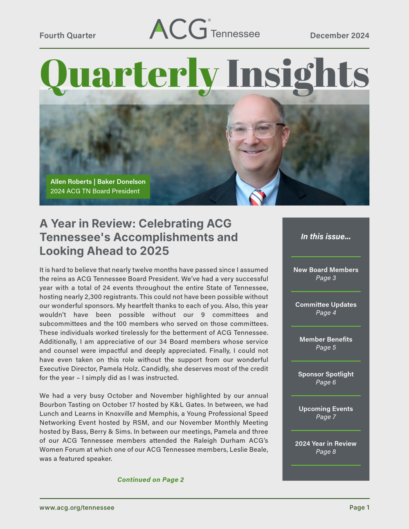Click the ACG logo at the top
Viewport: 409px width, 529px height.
(x=204, y=29)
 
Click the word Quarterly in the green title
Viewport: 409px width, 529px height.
(x=129, y=74)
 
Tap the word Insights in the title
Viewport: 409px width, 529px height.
(x=298, y=74)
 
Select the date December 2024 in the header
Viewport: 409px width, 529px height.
(x=339, y=36)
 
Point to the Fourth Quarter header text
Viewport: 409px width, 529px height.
(x=67, y=36)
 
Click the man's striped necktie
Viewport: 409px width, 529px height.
(x=257, y=197)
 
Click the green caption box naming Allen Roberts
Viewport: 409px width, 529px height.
(x=98, y=186)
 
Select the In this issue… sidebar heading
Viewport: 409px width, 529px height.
(x=326, y=237)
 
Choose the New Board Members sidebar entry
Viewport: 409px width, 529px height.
(x=326, y=273)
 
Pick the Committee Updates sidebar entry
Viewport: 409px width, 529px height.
(x=326, y=308)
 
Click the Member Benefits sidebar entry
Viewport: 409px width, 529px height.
(x=326, y=343)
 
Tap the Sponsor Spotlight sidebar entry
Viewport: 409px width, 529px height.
(x=326, y=378)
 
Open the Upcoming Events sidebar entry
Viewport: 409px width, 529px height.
(x=326, y=412)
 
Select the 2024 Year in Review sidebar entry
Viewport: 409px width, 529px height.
(x=326, y=447)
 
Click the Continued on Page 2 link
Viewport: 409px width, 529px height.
(x=151, y=480)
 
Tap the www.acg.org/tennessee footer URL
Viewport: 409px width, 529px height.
(x=77, y=507)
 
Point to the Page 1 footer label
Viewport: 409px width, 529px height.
(x=359, y=507)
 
